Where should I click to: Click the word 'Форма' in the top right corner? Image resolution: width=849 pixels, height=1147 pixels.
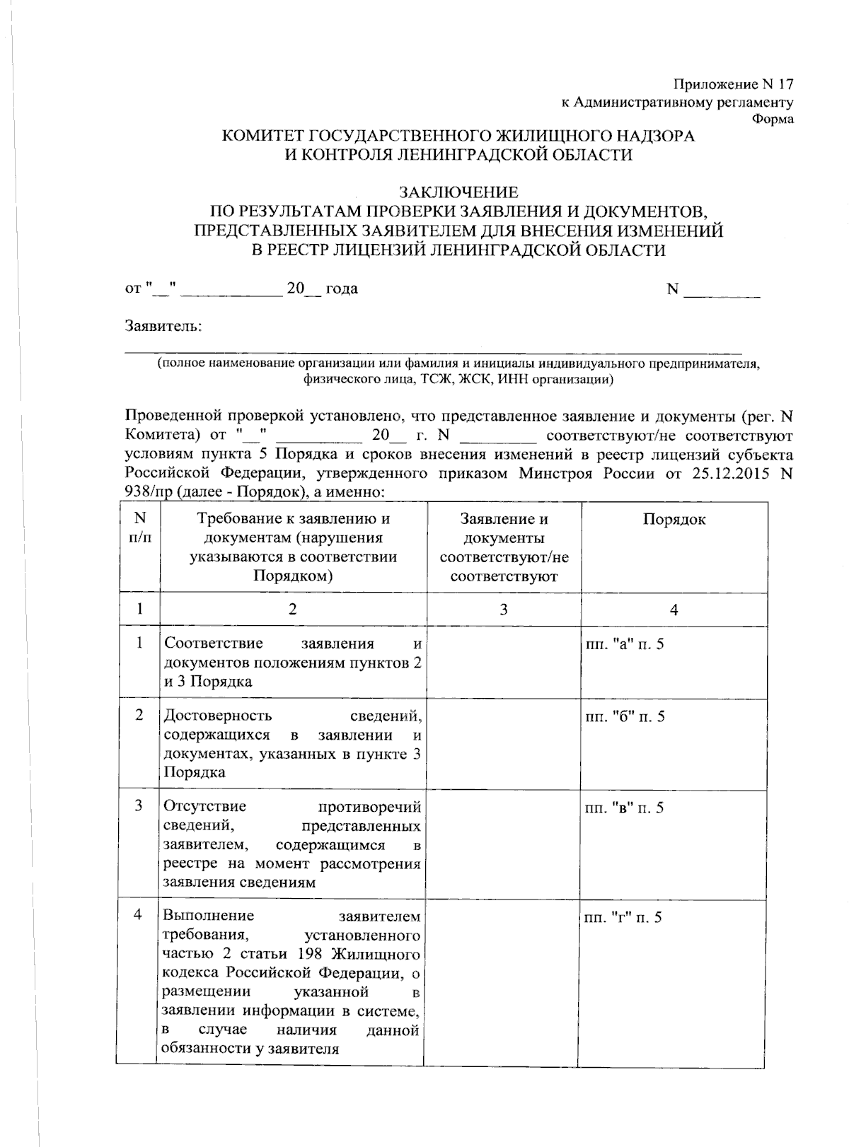coord(773,120)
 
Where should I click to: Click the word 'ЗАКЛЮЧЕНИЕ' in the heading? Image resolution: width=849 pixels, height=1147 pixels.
coord(459,192)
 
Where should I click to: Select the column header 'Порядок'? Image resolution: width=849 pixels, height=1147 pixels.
coord(674,520)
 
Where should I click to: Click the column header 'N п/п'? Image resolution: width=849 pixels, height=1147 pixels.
coord(139,528)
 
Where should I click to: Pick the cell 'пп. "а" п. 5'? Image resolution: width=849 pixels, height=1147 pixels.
coord(624,644)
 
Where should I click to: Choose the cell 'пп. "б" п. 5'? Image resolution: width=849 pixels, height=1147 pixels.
coord(624,717)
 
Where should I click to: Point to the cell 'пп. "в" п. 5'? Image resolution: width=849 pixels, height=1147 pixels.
coord(624,808)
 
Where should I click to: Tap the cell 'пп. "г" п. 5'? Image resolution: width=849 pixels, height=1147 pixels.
coord(624,918)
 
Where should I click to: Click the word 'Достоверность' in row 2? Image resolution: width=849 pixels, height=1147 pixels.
coord(218,716)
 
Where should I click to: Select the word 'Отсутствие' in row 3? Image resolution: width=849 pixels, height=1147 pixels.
coord(205,808)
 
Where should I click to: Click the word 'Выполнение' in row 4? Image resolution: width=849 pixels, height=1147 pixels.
coord(209,916)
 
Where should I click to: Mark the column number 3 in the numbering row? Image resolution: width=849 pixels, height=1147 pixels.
coord(503,609)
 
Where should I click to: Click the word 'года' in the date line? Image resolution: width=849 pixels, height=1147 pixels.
coord(341,289)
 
